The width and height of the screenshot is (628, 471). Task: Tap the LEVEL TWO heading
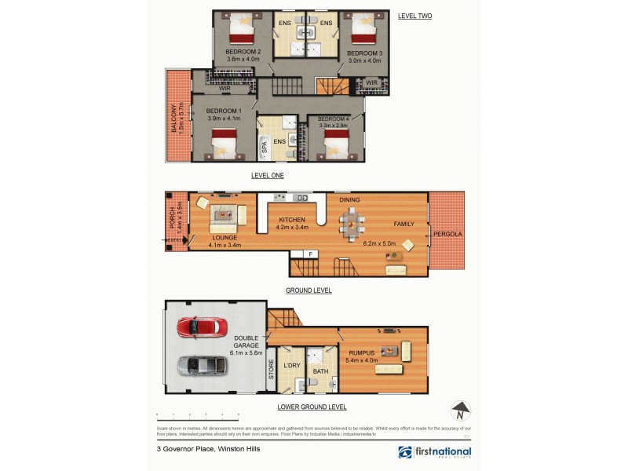click(x=414, y=16)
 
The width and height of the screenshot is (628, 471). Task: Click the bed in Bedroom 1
click(x=224, y=144)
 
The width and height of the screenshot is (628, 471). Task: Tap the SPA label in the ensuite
click(x=265, y=146)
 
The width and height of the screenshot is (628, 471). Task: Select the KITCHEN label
click(x=290, y=219)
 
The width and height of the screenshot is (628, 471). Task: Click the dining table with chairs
click(x=352, y=225)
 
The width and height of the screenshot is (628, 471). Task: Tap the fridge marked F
click(x=310, y=254)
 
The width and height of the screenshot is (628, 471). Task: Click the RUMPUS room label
click(x=360, y=354)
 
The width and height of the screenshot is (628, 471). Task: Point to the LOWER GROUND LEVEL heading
click(x=312, y=407)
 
